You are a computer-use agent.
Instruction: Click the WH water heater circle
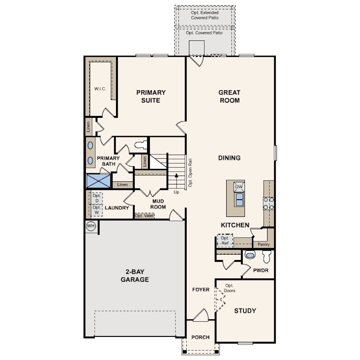pos(91,226)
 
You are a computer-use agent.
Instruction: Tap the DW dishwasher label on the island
pos(239,187)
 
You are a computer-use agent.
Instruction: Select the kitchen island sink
pos(239,199)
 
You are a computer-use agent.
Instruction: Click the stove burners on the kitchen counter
pos(268,203)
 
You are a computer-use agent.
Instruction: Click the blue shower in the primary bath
pos(98,181)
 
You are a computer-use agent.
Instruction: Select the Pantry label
pos(264,244)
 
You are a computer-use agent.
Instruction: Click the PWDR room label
pos(261,270)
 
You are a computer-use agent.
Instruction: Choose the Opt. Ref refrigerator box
pos(224,241)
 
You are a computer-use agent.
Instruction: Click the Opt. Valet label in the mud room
pos(144,216)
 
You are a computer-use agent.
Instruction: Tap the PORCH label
pos(200,337)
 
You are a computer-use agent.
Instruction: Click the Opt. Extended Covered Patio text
pos(205,15)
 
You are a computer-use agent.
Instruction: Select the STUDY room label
pos(245,311)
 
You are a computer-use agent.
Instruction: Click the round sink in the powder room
pos(250,256)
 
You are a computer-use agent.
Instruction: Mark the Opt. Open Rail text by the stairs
pos(190,172)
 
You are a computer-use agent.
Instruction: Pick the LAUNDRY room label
pos(117,208)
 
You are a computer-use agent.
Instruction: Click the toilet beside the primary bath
pos(141,144)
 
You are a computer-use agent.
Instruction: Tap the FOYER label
pos(200,290)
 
